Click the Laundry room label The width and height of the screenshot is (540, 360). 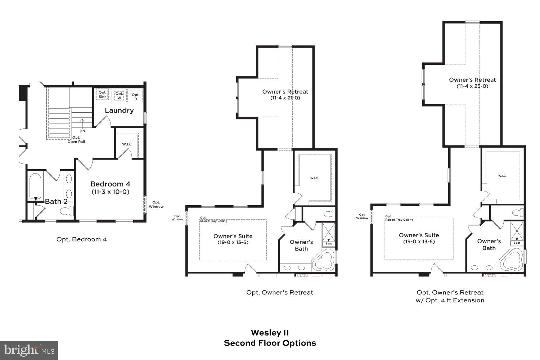tap(119, 111)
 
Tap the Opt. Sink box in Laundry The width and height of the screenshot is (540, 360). tap(103, 95)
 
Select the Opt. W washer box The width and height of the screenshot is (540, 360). tap(119, 96)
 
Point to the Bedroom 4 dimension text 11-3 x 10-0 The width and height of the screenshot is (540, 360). tap(111, 192)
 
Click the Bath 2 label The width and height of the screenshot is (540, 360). tap(56, 201)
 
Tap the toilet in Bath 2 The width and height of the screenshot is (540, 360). tap(67, 211)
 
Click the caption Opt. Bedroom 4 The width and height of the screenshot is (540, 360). tap(82, 239)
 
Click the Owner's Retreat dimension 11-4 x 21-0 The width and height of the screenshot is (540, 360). tap(285, 98)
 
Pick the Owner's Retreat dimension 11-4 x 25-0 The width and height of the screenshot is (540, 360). tap(472, 86)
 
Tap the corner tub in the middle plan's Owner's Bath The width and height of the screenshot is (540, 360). tap(323, 262)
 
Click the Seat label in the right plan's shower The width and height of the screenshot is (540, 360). tap(517, 243)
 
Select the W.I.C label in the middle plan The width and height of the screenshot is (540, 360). tap(314, 178)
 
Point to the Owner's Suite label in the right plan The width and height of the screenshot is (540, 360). tap(419, 235)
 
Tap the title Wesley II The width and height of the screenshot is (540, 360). tap(270, 333)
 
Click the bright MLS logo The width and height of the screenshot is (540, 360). tap(29, 350)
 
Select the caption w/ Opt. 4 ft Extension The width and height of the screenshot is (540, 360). tap(450, 300)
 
